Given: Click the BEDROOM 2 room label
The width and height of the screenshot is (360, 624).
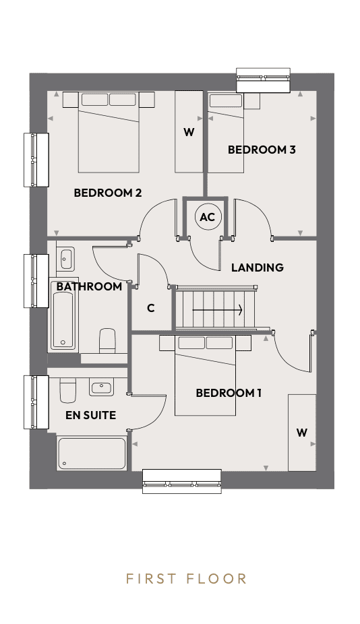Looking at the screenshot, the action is [107, 193].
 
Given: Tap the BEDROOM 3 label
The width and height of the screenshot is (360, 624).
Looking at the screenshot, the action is [262, 150].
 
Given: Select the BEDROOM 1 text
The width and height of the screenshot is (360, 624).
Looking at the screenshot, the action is [229, 393].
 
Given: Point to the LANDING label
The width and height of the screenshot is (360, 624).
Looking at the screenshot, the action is [258, 268].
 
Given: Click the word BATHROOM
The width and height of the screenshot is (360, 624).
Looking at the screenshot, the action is [89, 286].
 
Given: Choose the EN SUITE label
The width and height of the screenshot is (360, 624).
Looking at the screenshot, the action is [91, 416].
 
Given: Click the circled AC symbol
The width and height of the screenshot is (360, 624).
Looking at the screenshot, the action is [208, 217].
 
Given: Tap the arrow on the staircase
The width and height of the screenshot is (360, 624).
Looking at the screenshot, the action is [218, 309].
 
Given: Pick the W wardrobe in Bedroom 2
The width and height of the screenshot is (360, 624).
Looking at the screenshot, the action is [189, 131].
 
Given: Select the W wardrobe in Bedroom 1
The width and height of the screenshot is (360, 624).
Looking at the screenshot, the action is [302, 433].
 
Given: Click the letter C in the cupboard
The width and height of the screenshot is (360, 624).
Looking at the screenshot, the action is [150, 309].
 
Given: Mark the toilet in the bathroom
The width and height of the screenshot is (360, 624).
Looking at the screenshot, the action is [107, 341].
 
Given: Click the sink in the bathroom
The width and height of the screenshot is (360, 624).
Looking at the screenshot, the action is [66, 259].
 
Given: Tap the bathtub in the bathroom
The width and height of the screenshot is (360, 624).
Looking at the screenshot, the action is [63, 319].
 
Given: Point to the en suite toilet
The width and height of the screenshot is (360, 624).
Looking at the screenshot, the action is [67, 390].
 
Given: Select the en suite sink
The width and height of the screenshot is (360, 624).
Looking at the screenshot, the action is [102, 386].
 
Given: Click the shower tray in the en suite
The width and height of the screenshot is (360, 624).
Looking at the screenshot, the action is [92, 453].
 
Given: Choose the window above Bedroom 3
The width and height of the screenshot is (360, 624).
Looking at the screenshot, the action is [263, 80].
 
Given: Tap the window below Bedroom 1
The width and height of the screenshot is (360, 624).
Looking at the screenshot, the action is [182, 481].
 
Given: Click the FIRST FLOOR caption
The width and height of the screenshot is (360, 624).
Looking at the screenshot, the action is [186, 579].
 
